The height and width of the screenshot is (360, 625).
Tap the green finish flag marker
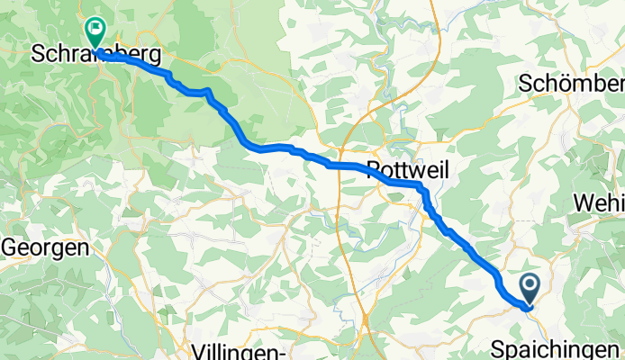click(95, 32)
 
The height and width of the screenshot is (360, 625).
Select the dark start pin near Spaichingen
click(529, 289)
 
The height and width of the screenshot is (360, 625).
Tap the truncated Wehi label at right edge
click(598, 205)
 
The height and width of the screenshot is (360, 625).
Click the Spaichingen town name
click(557, 347)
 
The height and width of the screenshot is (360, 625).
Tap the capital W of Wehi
click(582, 205)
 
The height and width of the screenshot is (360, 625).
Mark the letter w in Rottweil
click(417, 169)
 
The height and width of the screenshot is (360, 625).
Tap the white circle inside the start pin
click(529, 285)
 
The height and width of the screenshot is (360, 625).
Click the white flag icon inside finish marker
click(95, 29)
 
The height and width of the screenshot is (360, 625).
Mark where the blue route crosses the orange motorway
click(340, 166)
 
